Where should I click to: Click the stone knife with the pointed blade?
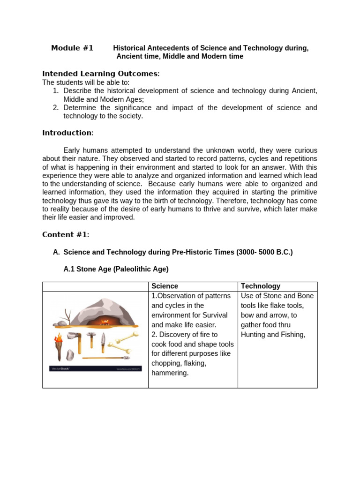click(103, 343)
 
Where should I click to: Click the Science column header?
click(165, 286)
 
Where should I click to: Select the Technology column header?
click(260, 286)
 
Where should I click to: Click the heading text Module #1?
click(72, 48)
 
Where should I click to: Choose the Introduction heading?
click(67, 133)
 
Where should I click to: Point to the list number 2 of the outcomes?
click(55, 108)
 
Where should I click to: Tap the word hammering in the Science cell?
click(170, 373)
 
